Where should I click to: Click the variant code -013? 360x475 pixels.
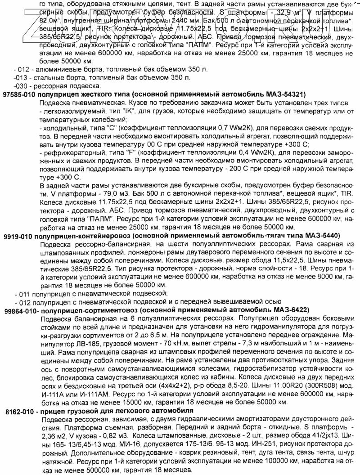pyautogui.click(x=20, y=78)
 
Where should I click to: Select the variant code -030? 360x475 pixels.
pyautogui.click(x=20, y=86)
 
